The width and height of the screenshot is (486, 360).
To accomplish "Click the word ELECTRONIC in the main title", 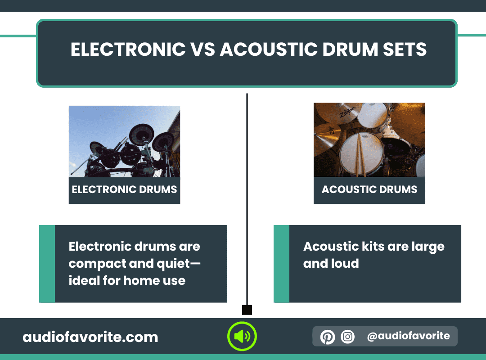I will pos(128,49).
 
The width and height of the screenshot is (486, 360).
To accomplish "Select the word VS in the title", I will pos(202,49).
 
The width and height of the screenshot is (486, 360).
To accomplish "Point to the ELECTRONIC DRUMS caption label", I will pos(124,189).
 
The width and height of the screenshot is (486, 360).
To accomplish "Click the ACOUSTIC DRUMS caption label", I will pos(369,189).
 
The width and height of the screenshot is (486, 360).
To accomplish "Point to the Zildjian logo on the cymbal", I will pos(347,111).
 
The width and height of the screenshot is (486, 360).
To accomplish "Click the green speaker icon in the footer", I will pos(242,336).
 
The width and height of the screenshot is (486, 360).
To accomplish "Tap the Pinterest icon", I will pos(327,337).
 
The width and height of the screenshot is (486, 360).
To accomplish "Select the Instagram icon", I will pos(347,337).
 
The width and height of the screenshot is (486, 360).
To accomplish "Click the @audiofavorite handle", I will pos(408,336).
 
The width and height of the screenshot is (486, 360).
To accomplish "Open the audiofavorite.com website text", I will pos(90,337).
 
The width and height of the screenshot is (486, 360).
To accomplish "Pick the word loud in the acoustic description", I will pos(345,264).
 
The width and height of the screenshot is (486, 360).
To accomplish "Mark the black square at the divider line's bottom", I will pos(247,310).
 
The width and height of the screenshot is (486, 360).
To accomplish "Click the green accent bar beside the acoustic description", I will pos(281,264).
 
